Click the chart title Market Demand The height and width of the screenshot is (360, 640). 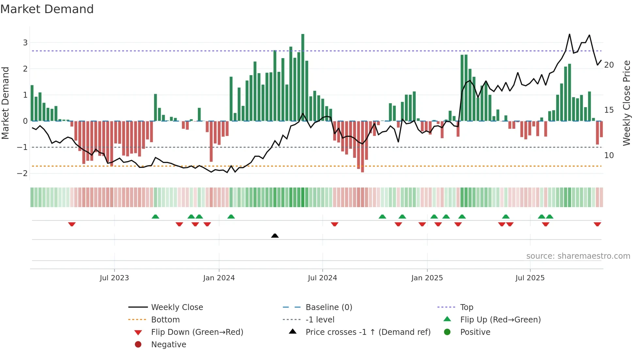(x=47, y=9)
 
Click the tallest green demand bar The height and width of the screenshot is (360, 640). (x=303, y=77)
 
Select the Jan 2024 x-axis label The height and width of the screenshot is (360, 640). (x=219, y=278)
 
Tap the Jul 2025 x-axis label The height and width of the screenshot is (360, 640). (x=530, y=278)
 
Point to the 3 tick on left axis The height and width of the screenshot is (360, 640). (x=25, y=43)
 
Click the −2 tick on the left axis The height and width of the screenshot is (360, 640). (x=23, y=173)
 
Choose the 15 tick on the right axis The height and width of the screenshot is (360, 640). (x=609, y=110)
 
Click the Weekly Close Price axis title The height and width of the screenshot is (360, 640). (x=626, y=103)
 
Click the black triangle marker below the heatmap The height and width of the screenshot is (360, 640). (x=275, y=236)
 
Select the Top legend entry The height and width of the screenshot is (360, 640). (x=466, y=307)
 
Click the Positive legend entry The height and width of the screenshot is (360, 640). (x=475, y=332)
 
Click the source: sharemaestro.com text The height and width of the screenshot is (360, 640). (x=578, y=256)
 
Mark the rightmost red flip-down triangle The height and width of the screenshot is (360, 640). (x=597, y=224)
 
